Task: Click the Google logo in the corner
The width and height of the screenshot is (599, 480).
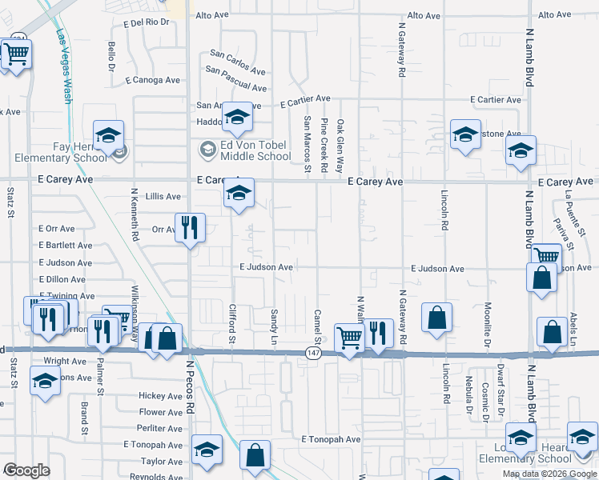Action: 27,470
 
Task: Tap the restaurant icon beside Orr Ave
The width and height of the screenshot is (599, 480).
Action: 190,228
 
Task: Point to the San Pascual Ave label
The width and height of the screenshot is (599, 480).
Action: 235,81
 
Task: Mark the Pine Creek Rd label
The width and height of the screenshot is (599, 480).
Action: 324,145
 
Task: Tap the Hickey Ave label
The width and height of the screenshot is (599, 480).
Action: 161,396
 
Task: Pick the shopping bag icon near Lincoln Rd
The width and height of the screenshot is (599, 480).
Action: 436,318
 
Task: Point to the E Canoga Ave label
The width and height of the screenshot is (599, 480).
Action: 153,80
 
